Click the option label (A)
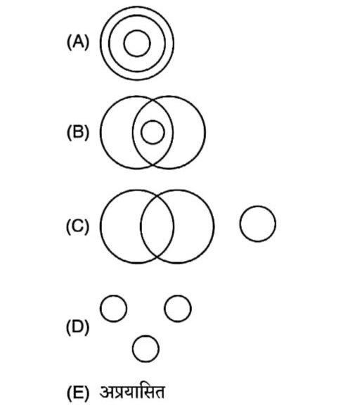click(78, 42)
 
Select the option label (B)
click(78, 132)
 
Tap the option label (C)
click(77, 226)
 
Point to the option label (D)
click(77, 327)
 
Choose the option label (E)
click(78, 392)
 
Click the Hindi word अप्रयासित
click(132, 392)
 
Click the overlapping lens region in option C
click(157, 226)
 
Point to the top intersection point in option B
click(153, 100)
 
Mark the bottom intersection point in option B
click(153, 165)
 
